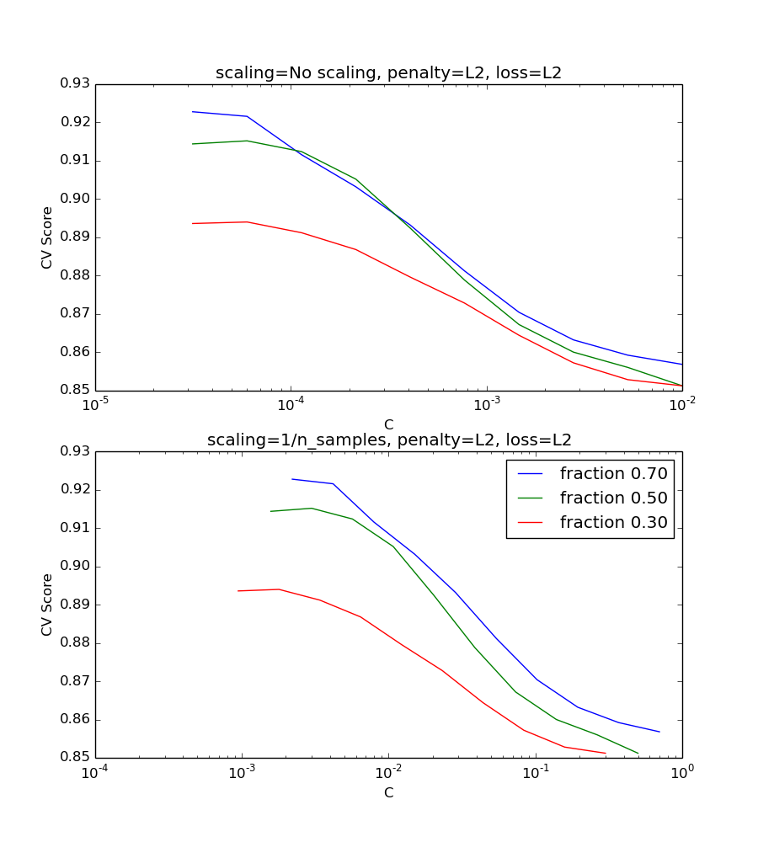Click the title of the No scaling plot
[x=388, y=73]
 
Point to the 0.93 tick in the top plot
[x=76, y=83]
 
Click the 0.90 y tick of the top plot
[x=76, y=199]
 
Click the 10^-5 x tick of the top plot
[x=95, y=405]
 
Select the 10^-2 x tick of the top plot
[x=682, y=405]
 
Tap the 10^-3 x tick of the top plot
[x=487, y=405]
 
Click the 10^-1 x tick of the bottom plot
[x=536, y=772]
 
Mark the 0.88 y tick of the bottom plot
[x=76, y=643]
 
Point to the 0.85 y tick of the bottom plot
[x=76, y=758]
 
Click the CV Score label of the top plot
[x=48, y=237]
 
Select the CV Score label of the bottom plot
[x=48, y=605]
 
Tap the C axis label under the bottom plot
[x=388, y=792]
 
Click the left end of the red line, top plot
[x=192, y=223]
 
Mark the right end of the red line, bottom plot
[x=606, y=754]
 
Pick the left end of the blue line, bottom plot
[x=292, y=479]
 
